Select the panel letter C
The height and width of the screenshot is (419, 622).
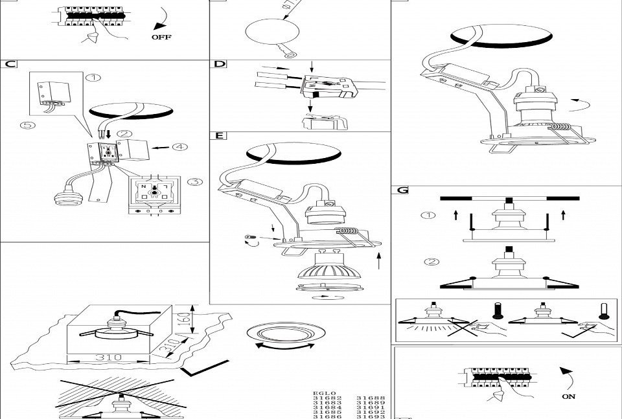pyautogui.click(x=9, y=64)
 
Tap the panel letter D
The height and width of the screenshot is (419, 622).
pyautogui.click(x=220, y=64)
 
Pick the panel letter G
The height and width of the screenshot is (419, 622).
pyautogui.click(x=403, y=190)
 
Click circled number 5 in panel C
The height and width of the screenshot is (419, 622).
pyautogui.click(x=27, y=126)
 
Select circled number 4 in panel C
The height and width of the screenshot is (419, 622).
pyautogui.click(x=179, y=146)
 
